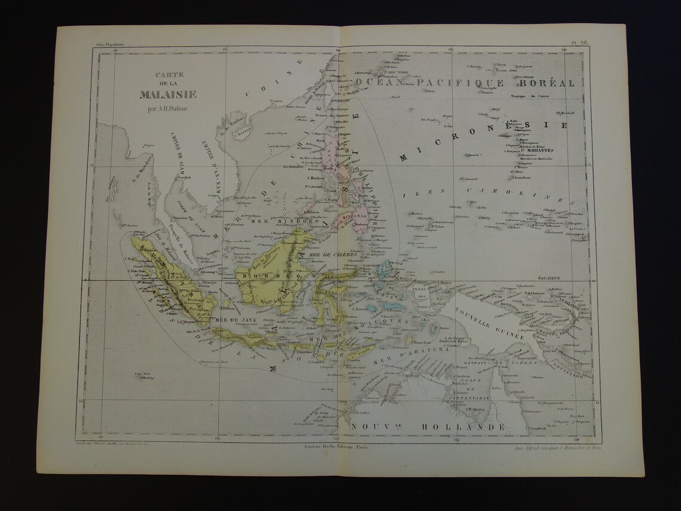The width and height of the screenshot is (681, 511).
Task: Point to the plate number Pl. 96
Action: [580, 42]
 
